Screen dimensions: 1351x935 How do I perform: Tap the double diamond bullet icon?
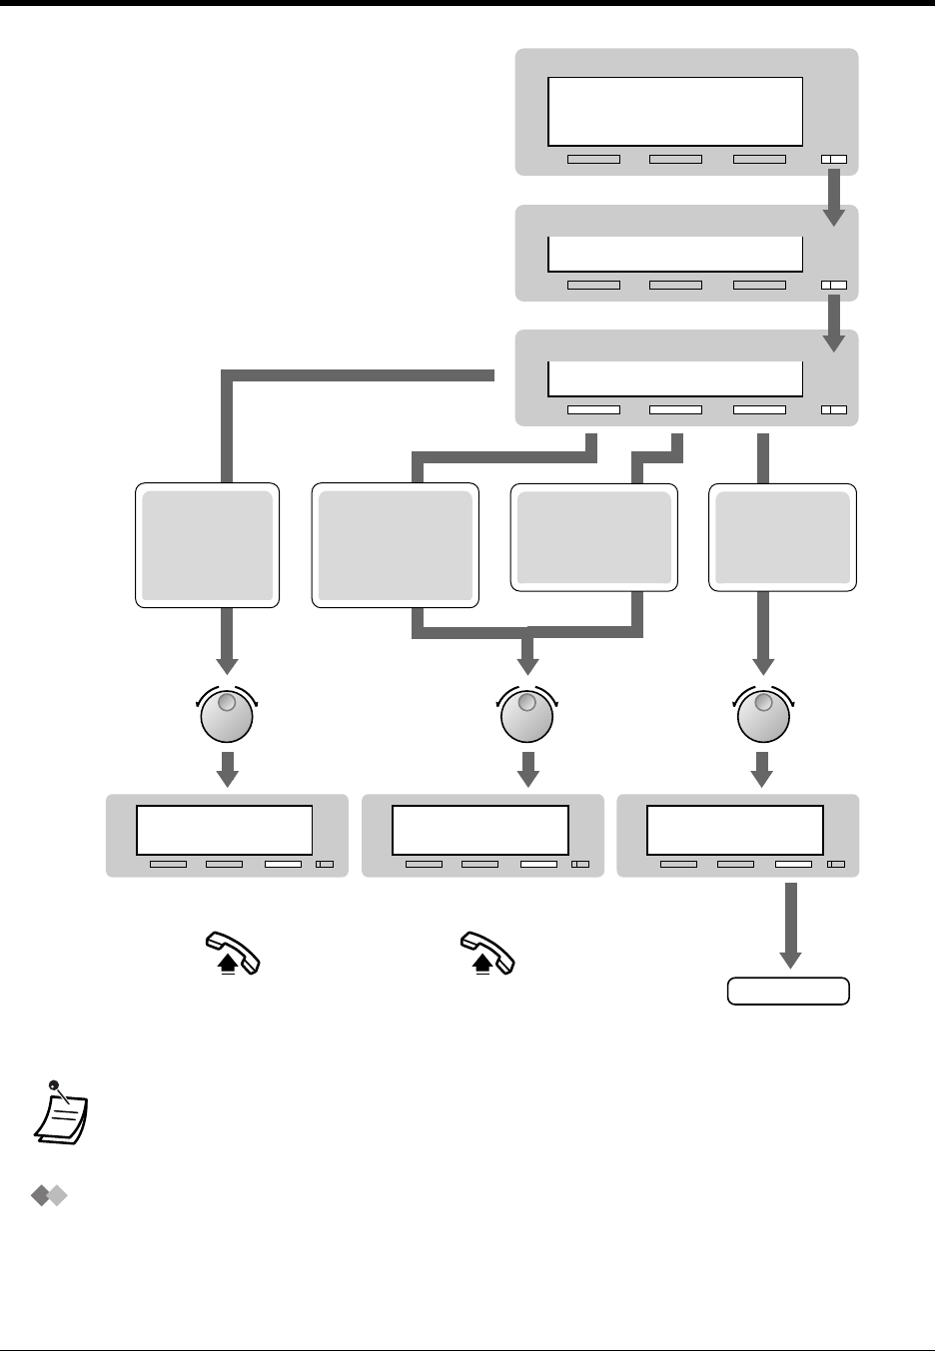pyautogui.click(x=48, y=1196)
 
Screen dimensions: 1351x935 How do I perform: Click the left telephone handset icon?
pyautogui.click(x=232, y=953)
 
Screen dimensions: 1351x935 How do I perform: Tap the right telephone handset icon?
pyautogui.click(x=487, y=953)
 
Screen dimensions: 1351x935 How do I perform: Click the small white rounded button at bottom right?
pyautogui.click(x=788, y=991)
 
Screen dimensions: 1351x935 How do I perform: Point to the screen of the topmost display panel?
pyautogui.click(x=675, y=112)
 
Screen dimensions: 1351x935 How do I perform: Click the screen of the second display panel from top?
pyautogui.click(x=675, y=254)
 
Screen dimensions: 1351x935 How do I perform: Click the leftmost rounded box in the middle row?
pyautogui.click(x=208, y=545)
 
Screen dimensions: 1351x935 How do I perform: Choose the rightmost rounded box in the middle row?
pyautogui.click(x=783, y=537)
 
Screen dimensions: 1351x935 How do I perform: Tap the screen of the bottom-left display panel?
pyautogui.click(x=225, y=828)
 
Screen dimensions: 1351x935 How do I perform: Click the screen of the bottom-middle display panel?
pyautogui.click(x=480, y=828)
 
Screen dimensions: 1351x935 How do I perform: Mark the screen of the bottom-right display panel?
pyautogui.click(x=735, y=828)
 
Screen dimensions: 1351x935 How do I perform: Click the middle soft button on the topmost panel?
pyautogui.click(x=675, y=159)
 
